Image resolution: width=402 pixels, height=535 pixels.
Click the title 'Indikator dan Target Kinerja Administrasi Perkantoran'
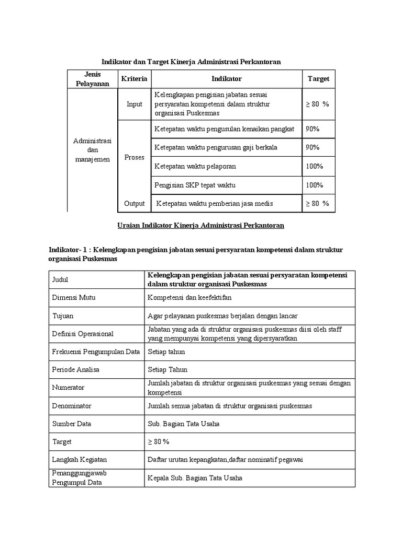[x=191, y=62]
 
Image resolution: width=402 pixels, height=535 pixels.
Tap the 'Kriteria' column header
[x=135, y=79]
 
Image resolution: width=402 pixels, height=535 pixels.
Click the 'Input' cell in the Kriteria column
[x=135, y=104]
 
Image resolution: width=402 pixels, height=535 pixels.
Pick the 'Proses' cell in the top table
[x=135, y=157]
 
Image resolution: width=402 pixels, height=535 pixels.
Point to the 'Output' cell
[x=135, y=203]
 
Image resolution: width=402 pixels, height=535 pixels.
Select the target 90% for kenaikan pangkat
[x=312, y=129]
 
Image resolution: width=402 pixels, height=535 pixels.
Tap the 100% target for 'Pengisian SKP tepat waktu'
[x=314, y=185]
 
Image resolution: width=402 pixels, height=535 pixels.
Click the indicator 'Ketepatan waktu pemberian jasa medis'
[x=215, y=203]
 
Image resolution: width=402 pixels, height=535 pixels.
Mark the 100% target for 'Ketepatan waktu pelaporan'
[x=314, y=166]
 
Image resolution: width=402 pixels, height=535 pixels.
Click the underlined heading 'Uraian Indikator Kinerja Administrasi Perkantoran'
[x=199, y=225]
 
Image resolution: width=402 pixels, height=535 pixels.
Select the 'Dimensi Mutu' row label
[x=74, y=297]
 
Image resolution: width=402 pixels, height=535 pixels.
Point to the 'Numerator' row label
[x=68, y=388]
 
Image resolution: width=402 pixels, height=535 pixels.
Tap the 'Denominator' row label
[x=72, y=405]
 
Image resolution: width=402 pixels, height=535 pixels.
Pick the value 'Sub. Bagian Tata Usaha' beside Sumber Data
[x=184, y=424]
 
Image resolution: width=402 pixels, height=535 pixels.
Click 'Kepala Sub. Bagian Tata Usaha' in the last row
[x=195, y=478]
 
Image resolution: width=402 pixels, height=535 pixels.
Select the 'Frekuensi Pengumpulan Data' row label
[x=96, y=352]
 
